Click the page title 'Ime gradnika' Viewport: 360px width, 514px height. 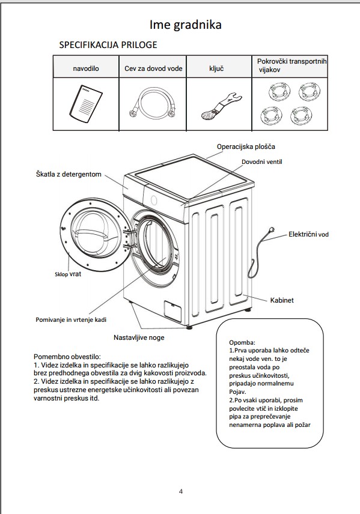[x=186, y=25]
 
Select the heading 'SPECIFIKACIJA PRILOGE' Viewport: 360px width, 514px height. [x=108, y=44]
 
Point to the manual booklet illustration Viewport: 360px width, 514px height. [x=86, y=104]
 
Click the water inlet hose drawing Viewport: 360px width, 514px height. [x=152, y=104]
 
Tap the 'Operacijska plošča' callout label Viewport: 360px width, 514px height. [x=246, y=147]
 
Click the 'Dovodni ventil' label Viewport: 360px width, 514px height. [x=261, y=162]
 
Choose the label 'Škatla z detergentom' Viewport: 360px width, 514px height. [x=69, y=174]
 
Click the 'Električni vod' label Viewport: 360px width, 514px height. [x=308, y=234]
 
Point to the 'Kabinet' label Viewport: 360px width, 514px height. [x=282, y=300]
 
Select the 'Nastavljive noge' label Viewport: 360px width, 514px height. [x=139, y=337]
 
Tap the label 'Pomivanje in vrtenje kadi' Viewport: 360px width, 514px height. [x=71, y=319]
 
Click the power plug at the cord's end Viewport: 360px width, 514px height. [x=271, y=231]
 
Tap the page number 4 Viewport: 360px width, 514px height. [x=181, y=491]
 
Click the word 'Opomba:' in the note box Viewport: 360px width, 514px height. [x=242, y=342]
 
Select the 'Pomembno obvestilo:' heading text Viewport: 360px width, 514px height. [x=67, y=357]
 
